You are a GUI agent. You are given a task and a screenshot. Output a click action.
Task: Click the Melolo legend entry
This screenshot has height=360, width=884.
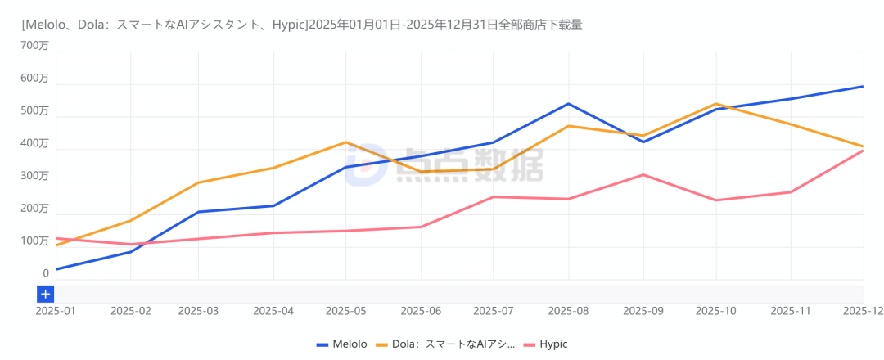tap(341, 344)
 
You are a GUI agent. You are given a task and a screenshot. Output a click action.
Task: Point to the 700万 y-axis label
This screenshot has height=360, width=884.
tap(35, 46)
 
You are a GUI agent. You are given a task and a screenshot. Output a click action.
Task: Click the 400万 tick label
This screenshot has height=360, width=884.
tap(35, 144)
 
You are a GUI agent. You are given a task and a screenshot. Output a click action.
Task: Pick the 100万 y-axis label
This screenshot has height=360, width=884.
tap(35, 241)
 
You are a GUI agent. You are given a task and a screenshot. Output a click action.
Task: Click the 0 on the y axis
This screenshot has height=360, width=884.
tap(46, 274)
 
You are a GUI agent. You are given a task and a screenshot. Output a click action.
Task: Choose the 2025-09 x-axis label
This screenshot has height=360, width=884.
tap(643, 311)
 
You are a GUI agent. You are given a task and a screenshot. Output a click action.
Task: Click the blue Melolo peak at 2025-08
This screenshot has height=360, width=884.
tap(568, 104)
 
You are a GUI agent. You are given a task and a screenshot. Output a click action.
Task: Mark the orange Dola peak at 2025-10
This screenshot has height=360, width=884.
tap(716, 104)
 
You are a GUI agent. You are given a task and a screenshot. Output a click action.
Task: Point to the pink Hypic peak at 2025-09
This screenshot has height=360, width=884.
tap(643, 174)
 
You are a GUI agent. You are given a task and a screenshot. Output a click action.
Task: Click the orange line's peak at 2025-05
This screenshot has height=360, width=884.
tap(346, 142)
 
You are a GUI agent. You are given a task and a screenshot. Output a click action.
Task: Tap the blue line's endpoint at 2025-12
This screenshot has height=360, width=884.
tap(863, 87)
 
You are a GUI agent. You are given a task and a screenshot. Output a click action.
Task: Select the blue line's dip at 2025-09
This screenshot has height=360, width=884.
tap(643, 142)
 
